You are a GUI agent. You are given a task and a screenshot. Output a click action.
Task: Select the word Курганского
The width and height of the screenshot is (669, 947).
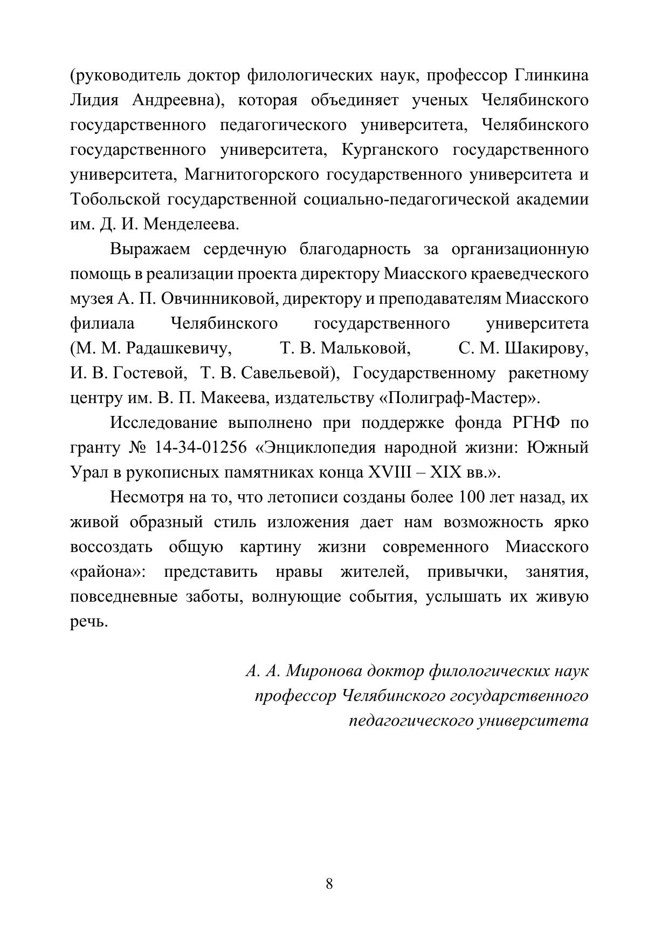390,149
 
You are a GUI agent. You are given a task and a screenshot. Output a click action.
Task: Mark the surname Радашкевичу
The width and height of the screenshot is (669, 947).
179,348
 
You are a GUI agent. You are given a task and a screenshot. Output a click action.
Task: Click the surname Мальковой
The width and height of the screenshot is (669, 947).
365,348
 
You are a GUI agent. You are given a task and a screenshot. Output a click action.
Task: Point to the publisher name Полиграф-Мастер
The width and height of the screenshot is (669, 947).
459,398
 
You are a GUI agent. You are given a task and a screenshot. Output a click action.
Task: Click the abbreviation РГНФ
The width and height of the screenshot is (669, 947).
535,423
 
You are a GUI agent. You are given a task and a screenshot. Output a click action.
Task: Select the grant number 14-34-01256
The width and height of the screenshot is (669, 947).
201,447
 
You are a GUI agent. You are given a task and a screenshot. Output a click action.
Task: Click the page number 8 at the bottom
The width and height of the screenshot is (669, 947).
329,884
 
